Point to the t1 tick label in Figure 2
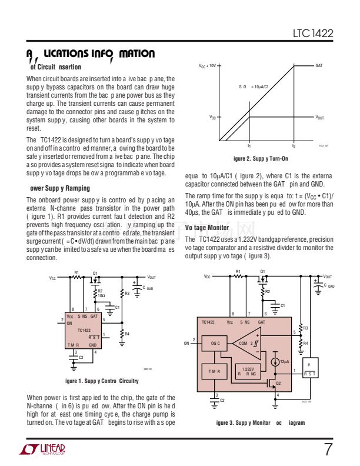pyautogui.click(x=249, y=145)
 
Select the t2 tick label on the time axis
pyautogui.click(x=294, y=145)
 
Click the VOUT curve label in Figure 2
pyautogui.click(x=319, y=118)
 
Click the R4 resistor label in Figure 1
pyautogui.click(x=128, y=334)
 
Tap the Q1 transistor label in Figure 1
pyautogui.click(x=95, y=273)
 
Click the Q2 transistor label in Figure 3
pyautogui.click(x=279, y=383)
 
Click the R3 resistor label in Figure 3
pyautogui.click(x=306, y=327)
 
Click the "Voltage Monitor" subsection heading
pyautogui.click(x=207, y=227)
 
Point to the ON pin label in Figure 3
pyautogui.click(x=187, y=342)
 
